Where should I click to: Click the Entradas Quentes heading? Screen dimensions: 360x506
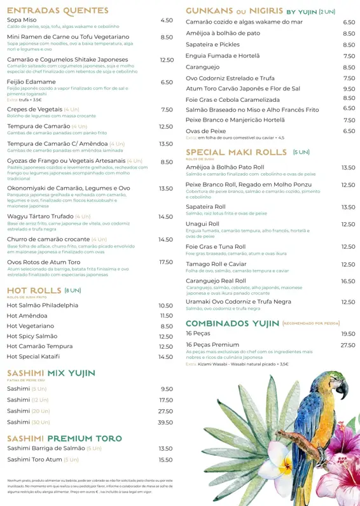pyautogui.click(x=58, y=10)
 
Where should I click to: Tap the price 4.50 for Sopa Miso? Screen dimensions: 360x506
pyautogui.click(x=166, y=20)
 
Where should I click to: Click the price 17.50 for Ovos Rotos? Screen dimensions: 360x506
pyautogui.click(x=165, y=262)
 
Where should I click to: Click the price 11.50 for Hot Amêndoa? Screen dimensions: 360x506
pyautogui.click(x=166, y=316)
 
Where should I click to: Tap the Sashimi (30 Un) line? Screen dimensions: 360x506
pyautogui.click(x=28, y=422)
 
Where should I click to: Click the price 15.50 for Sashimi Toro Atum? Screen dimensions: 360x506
pyautogui.click(x=165, y=460)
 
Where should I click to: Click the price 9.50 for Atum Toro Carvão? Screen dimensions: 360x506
pyautogui.click(x=349, y=89)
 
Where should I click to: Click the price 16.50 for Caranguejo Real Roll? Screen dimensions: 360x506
pyautogui.click(x=348, y=281)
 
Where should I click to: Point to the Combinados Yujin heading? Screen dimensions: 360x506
pyautogui.click(x=232, y=323)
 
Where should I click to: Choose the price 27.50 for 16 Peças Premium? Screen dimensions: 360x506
pyautogui.click(x=348, y=345)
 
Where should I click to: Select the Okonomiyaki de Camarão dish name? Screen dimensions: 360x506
pyautogui.click(x=69, y=188)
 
